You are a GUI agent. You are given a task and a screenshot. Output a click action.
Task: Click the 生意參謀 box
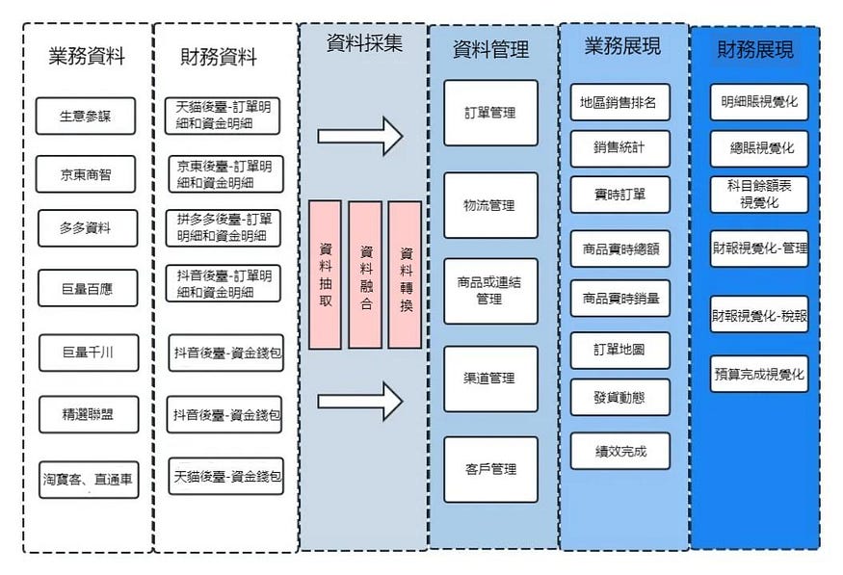click(x=86, y=117)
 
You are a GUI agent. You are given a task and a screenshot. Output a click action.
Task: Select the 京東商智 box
click(x=86, y=174)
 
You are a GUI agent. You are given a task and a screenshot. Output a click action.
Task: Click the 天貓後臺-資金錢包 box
click(x=225, y=476)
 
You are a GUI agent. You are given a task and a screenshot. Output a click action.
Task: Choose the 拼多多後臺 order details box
click(x=225, y=227)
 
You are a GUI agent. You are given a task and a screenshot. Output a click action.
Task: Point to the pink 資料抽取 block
click(x=326, y=274)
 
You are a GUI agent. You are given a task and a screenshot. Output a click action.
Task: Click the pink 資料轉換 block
click(x=406, y=274)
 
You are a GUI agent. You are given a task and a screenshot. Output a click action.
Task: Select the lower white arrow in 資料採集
click(x=359, y=400)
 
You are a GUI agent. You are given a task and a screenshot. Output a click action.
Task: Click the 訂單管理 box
click(x=490, y=113)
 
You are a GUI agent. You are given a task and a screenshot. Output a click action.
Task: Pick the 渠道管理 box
click(x=490, y=379)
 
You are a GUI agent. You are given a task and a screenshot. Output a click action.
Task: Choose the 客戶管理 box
click(x=490, y=469)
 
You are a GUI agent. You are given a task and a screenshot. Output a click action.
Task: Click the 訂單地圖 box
click(x=619, y=351)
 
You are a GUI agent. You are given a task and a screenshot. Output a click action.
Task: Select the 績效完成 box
click(x=619, y=451)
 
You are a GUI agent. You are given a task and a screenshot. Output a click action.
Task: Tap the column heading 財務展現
click(x=755, y=50)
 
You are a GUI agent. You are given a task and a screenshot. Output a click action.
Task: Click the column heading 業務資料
click(x=87, y=56)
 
